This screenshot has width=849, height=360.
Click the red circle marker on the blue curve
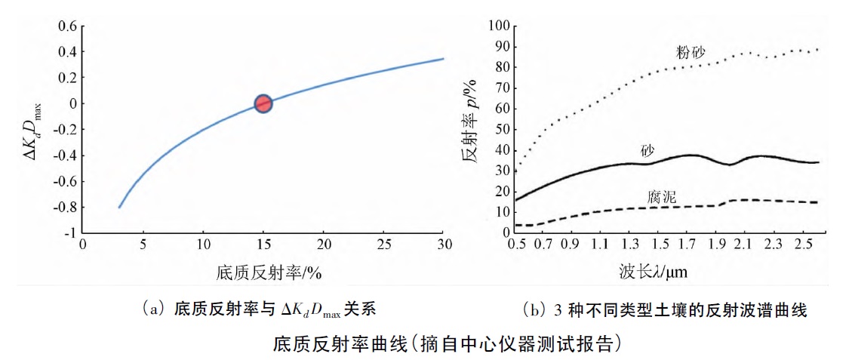[x=263, y=104]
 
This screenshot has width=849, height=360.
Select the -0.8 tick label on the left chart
[x=63, y=208]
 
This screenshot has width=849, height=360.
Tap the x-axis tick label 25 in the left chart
[x=383, y=245]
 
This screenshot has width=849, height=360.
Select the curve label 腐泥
[x=662, y=197]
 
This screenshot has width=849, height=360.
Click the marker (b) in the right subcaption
[x=532, y=310]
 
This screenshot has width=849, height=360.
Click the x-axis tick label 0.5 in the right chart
[x=518, y=245]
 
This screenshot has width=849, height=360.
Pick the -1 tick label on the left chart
[x=69, y=233]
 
